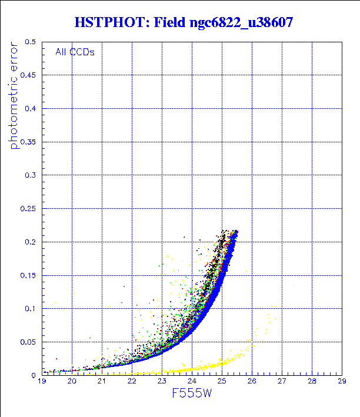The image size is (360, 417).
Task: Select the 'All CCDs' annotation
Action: click(75, 52)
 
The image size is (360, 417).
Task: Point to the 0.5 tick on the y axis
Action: click(31, 42)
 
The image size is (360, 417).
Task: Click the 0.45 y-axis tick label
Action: click(28, 75)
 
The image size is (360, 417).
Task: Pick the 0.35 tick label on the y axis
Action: click(28, 142)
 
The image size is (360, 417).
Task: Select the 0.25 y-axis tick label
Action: click(28, 208)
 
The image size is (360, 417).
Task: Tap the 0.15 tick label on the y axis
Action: click(28, 275)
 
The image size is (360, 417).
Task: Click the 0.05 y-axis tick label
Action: click(28, 342)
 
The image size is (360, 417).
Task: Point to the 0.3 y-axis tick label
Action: click(31, 175)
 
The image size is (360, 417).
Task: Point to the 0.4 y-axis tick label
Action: click(31, 109)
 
